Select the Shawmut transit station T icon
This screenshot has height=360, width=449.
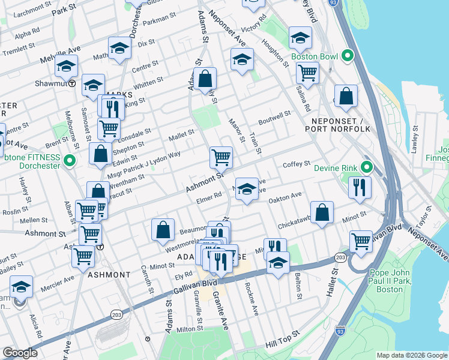[72, 83]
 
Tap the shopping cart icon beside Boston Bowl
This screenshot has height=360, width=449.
[307, 73]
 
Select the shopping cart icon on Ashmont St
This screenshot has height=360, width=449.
[221, 157]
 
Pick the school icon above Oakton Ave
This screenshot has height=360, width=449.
[246, 190]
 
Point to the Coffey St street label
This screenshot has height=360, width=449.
[297, 163]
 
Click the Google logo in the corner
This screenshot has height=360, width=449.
[20, 353]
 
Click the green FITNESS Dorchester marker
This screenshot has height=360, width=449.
[69, 161]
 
